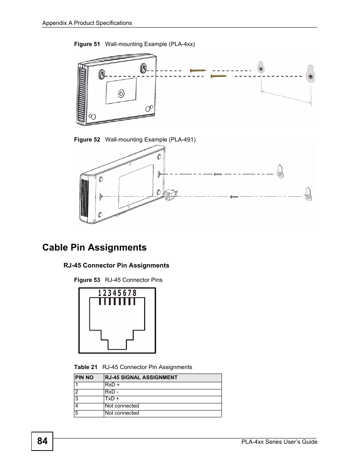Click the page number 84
pyautogui.click(x=42, y=441)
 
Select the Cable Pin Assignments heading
pyautogui.click(x=94, y=248)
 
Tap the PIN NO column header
pyautogui.click(x=84, y=377)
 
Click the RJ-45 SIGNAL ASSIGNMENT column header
pyautogui.click(x=141, y=377)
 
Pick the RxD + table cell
pyautogui.click(x=112, y=385)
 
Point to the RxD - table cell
pyautogui.click(x=112, y=392)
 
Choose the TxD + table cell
pyautogui.click(x=112, y=398)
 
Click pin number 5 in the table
pyautogui.click(x=77, y=413)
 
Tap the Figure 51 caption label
pyautogui.click(x=87, y=44)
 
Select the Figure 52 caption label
pyautogui.click(x=87, y=140)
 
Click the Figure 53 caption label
pyautogui.click(x=87, y=280)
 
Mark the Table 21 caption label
pyautogui.click(x=86, y=367)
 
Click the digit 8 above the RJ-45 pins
pyautogui.click(x=134, y=293)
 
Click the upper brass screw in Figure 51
pyautogui.click(x=198, y=70)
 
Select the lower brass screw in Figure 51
pyautogui.click(x=218, y=76)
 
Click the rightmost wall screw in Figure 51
pyautogui.click(x=310, y=77)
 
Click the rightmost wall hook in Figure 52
pyautogui.click(x=308, y=195)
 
